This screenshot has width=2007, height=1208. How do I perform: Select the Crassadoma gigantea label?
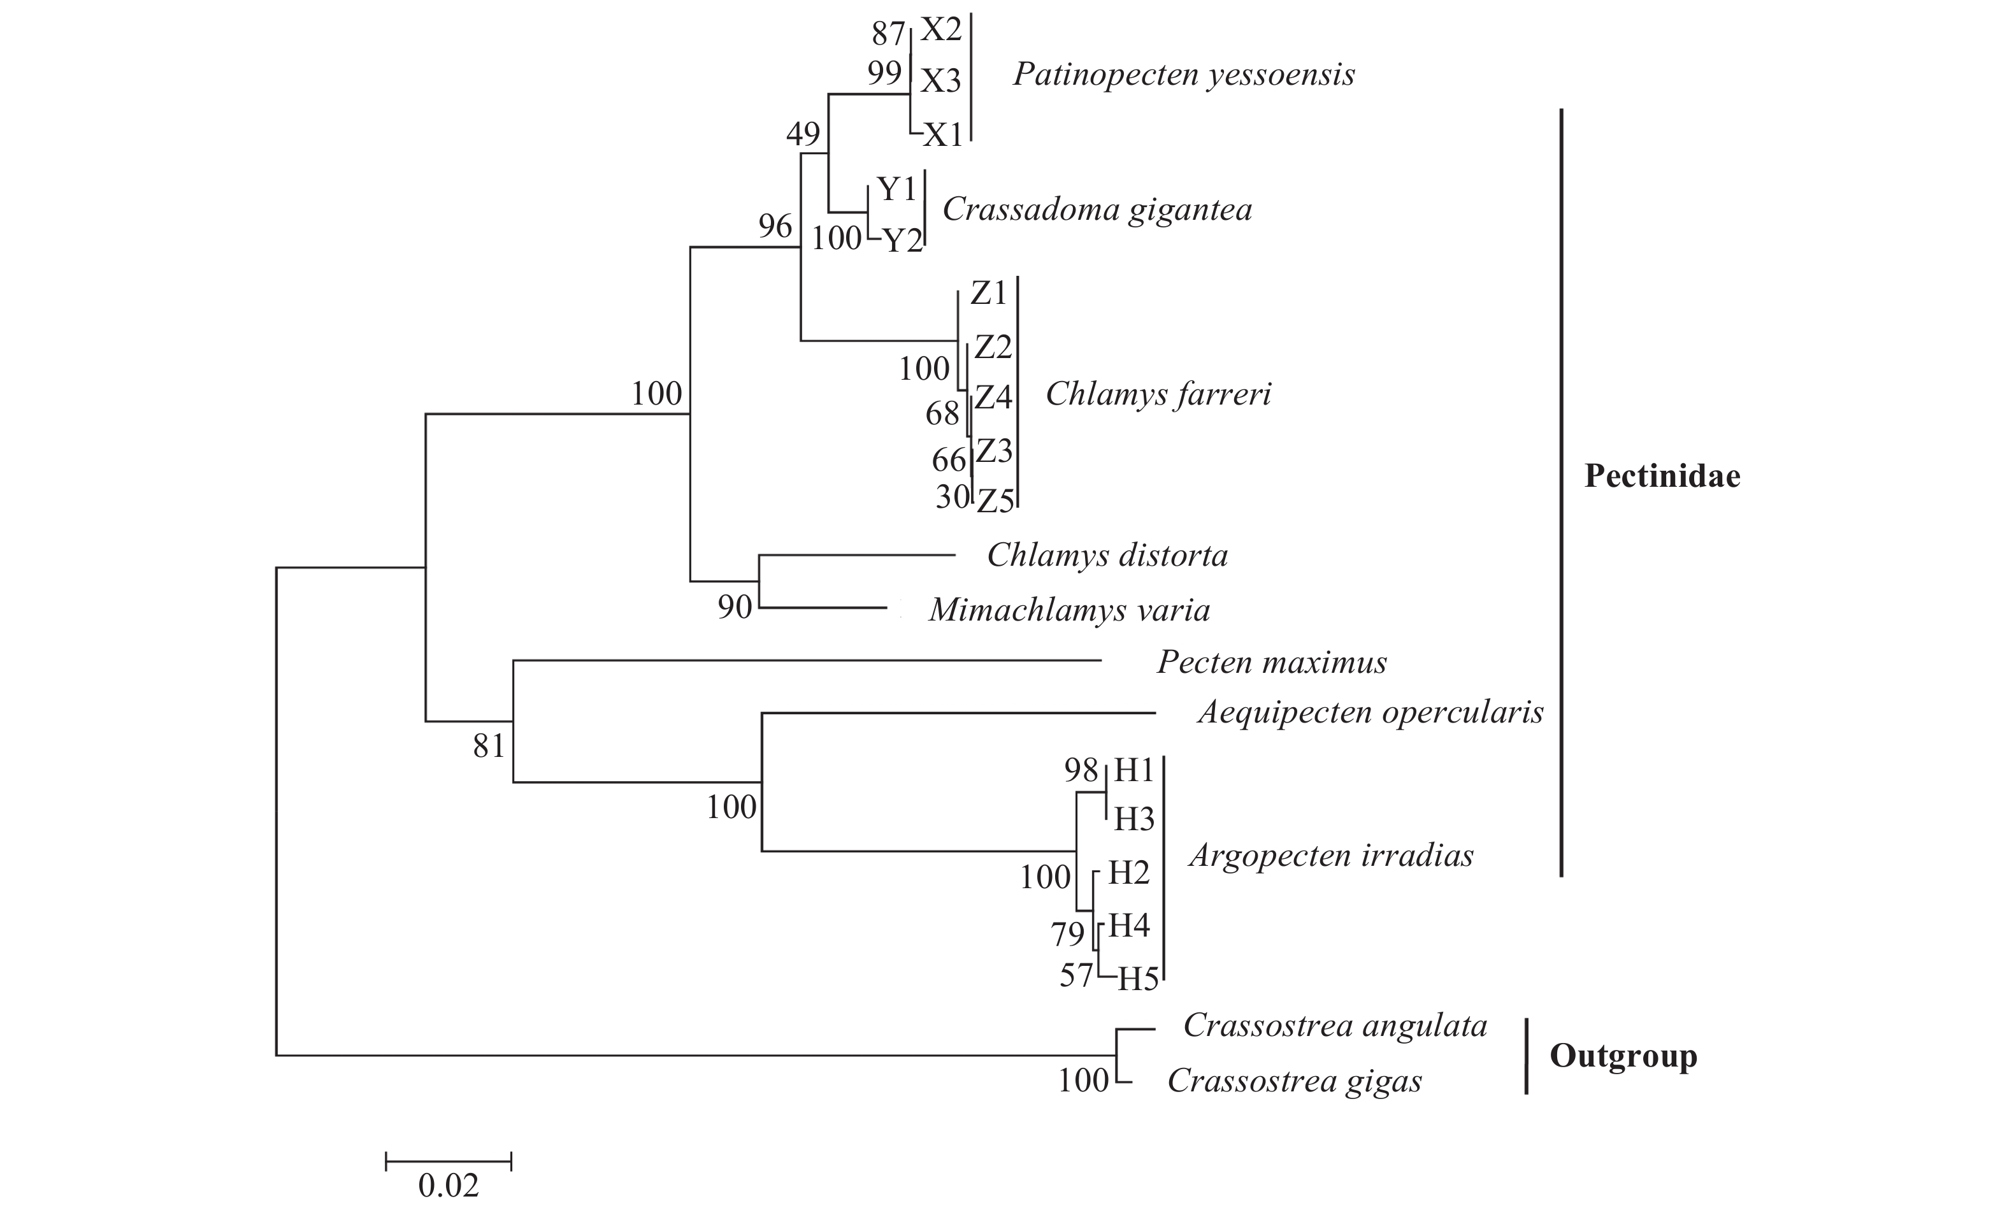(1097, 210)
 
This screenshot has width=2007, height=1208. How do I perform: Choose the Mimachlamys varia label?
(1068, 610)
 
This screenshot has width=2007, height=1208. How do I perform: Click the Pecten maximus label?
(1271, 663)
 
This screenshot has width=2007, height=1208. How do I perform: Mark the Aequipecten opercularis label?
(1370, 713)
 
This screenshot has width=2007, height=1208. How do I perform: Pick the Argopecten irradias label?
(1331, 856)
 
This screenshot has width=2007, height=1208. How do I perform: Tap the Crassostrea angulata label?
(1335, 1026)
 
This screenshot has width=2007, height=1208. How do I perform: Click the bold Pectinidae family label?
(1662, 476)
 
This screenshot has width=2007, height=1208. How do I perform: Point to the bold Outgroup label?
(1623, 1056)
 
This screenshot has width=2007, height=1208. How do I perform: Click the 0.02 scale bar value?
(449, 1185)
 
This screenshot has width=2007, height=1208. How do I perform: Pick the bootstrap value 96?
(775, 226)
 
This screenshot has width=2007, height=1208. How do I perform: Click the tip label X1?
(943, 135)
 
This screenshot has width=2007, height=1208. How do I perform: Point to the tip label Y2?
(903, 241)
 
